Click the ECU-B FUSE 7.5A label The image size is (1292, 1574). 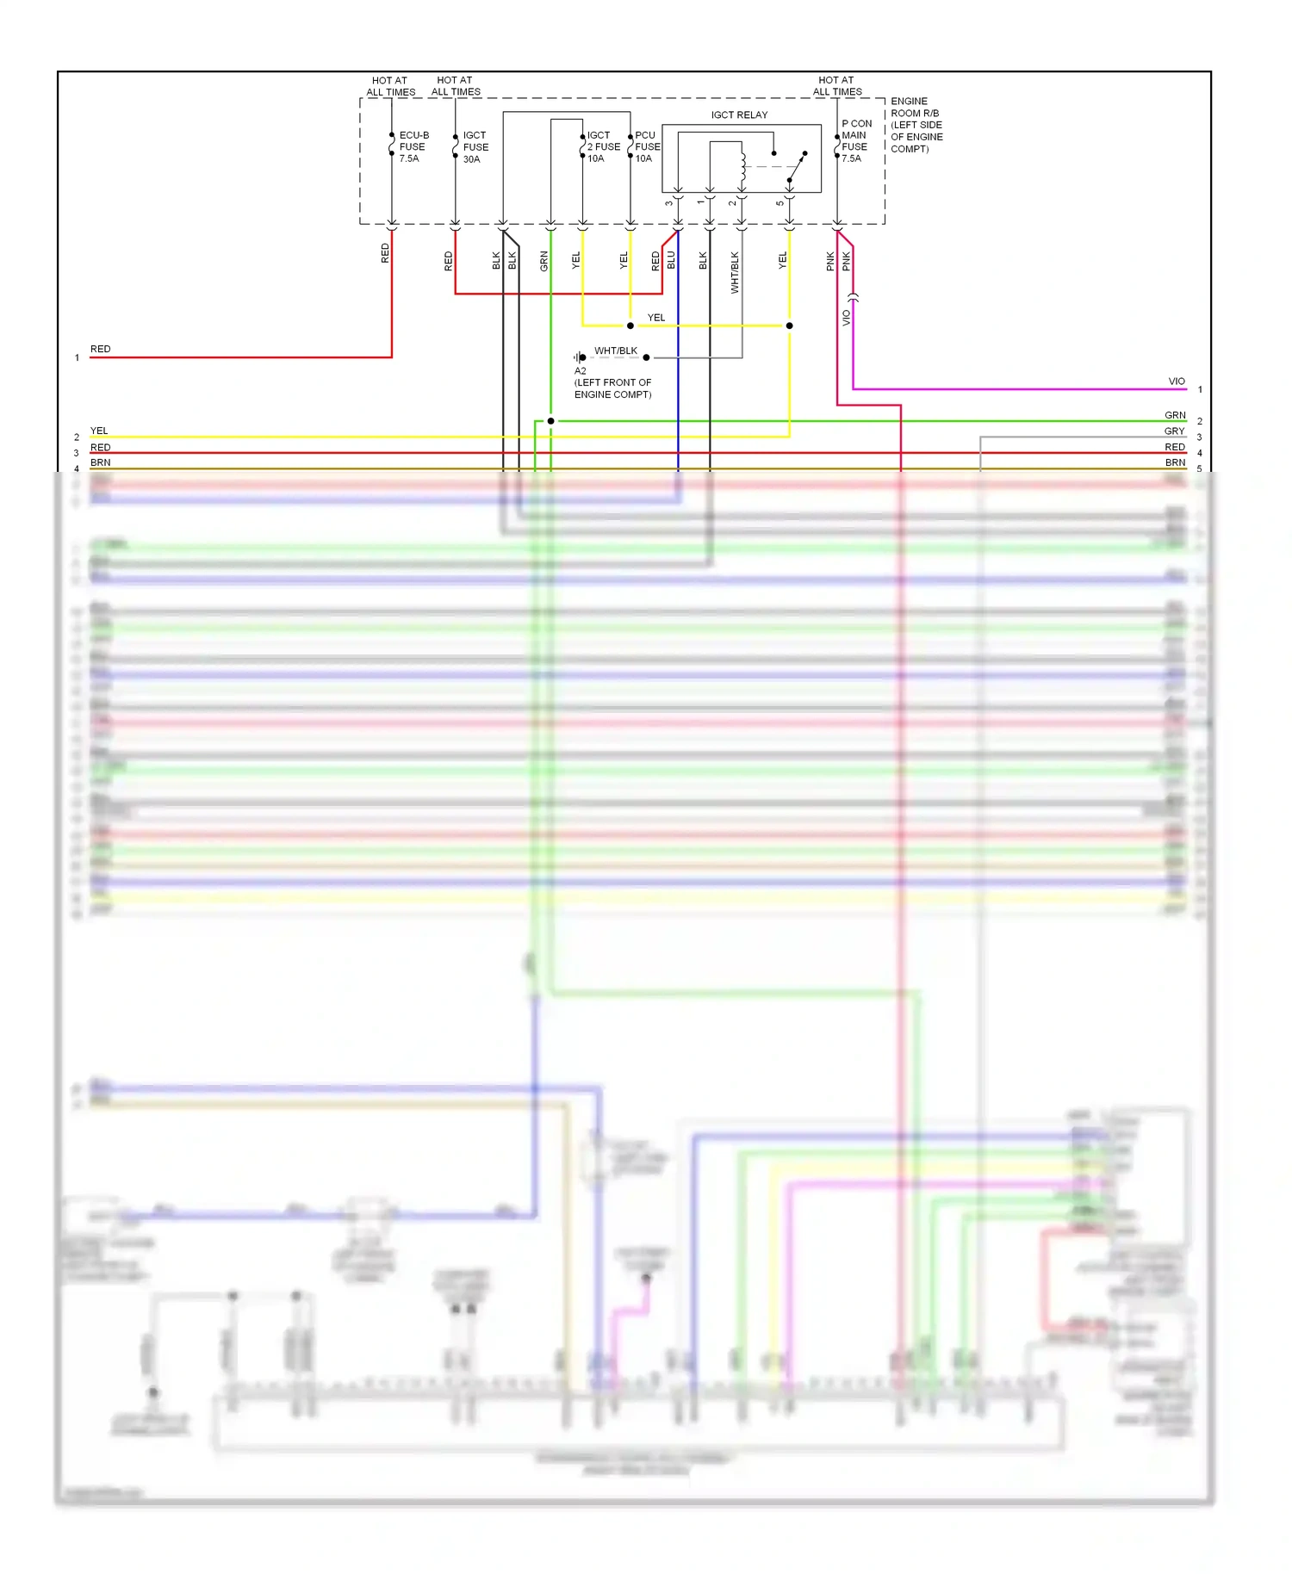(413, 146)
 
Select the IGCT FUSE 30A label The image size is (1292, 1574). (475, 147)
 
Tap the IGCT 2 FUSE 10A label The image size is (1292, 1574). (603, 147)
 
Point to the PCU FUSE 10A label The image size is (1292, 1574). (647, 147)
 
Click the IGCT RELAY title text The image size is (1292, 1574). (739, 115)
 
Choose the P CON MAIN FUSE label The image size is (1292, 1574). (856, 141)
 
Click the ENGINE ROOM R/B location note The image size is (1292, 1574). (916, 125)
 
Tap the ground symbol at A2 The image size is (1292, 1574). (580, 357)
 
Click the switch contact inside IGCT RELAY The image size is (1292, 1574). (797, 167)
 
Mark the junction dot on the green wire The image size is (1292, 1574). (551, 421)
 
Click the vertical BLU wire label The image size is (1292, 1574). (672, 261)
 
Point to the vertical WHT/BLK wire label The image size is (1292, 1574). (735, 272)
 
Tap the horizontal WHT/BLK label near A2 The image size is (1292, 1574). (616, 350)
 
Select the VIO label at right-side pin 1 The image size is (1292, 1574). (1177, 381)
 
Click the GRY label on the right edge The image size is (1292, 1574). (1175, 431)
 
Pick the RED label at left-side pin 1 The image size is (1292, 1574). (101, 349)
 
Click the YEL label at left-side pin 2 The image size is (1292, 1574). (99, 431)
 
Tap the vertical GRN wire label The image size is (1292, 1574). (544, 261)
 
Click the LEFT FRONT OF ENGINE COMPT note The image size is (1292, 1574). (612, 388)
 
